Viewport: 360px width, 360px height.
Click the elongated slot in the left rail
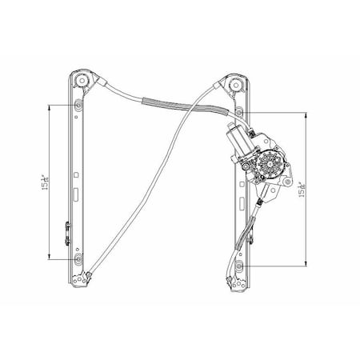click(x=74, y=193)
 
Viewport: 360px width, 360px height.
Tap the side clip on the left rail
click(x=66, y=232)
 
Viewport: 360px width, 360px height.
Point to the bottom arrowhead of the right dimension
click(x=305, y=264)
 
